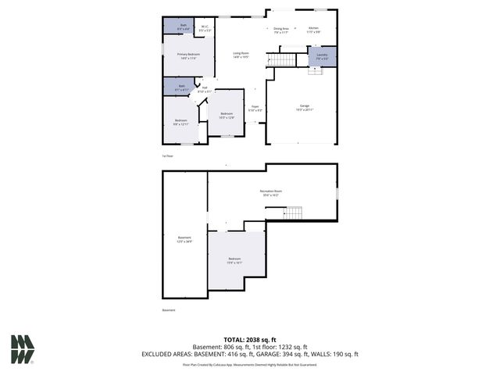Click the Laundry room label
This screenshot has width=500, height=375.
322,56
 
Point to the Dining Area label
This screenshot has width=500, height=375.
281,30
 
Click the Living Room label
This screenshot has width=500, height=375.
241,55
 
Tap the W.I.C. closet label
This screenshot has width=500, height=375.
205,28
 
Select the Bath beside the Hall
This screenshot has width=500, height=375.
181,87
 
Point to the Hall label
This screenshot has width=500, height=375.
204,90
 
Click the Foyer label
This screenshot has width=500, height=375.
255,109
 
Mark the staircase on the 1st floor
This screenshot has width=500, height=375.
282,60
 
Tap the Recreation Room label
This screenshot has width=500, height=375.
271,192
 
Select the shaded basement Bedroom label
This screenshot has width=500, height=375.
235,261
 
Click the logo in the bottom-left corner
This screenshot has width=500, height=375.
23,349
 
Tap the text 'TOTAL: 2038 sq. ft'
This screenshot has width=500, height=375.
249,340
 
